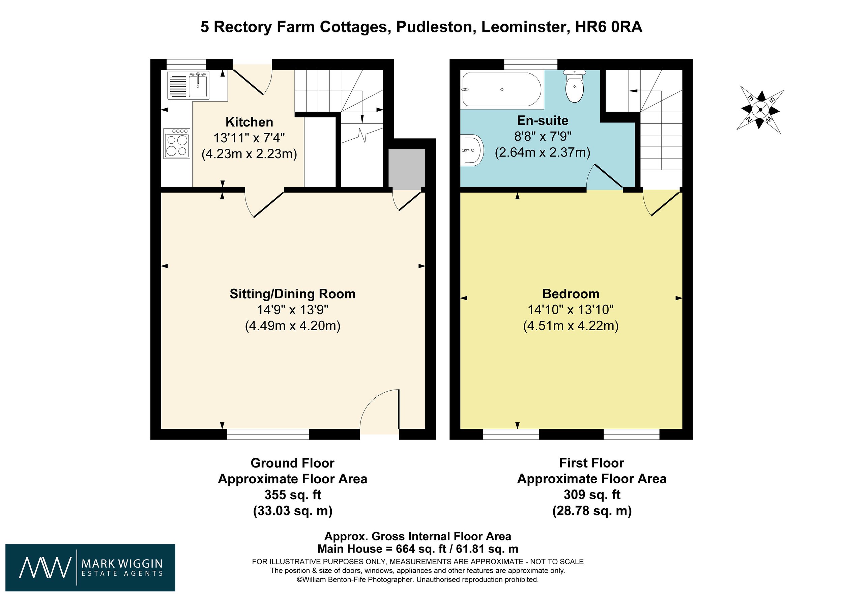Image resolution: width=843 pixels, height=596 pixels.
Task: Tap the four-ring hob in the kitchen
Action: tap(177, 144)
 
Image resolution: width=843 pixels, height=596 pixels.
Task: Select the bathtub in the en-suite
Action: tap(501, 89)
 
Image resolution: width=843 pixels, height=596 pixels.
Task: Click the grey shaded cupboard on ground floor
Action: tap(407, 169)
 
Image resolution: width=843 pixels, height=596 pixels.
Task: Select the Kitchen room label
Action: tap(249, 122)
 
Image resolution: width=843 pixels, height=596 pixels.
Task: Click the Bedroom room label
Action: tap(571, 294)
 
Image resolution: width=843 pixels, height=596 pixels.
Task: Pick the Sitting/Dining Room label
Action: tap(292, 294)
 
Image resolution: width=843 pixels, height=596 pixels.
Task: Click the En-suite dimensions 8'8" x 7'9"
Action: tap(542, 137)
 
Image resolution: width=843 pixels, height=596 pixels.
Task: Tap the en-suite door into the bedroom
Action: tap(605, 177)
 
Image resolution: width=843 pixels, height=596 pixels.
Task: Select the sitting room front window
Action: tap(268, 434)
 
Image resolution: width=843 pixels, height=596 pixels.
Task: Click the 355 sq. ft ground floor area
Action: tap(293, 495)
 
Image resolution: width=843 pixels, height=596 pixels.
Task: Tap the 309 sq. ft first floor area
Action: tap(591, 495)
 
